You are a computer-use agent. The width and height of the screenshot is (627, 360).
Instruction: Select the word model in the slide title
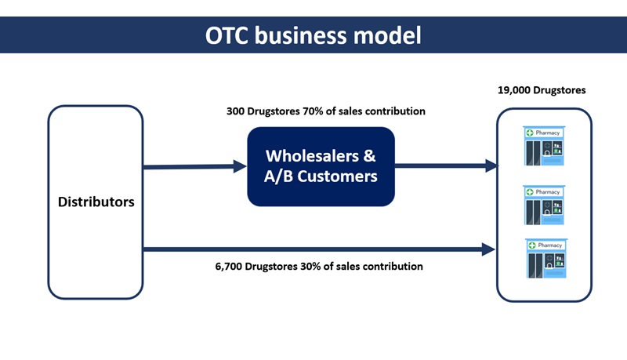click(392, 35)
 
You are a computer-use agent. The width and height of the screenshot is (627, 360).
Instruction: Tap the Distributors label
click(96, 202)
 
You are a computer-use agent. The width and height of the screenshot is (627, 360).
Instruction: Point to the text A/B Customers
click(321, 176)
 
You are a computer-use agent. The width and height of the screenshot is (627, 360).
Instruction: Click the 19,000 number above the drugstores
click(516, 90)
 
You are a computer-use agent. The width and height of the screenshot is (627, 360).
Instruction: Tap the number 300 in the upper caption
click(235, 111)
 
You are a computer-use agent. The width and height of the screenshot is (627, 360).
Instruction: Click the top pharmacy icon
click(547, 146)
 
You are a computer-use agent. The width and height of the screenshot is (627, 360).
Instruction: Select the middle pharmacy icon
click(547, 204)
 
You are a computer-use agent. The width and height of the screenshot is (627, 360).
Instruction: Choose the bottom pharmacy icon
click(547, 257)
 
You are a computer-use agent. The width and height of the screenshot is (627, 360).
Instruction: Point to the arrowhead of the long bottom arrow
click(488, 249)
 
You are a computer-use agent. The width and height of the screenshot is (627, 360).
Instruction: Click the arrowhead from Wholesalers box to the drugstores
click(491, 165)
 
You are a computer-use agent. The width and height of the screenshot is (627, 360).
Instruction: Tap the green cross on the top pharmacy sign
click(530, 133)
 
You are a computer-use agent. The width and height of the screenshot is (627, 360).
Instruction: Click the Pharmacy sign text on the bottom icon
click(550, 245)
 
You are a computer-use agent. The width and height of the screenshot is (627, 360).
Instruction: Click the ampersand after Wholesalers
click(369, 155)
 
